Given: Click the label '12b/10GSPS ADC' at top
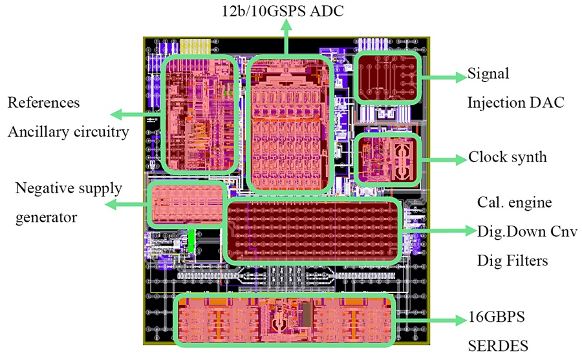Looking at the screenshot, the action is (x=283, y=11).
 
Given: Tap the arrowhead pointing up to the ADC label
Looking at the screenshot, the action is (x=286, y=25).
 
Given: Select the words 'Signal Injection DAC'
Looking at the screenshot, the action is (x=515, y=88).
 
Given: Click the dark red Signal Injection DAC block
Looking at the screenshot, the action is (x=387, y=78).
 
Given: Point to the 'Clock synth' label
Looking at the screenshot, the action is (x=508, y=157).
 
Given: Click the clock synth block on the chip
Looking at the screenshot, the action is (x=388, y=160).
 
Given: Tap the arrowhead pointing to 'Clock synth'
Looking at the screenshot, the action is (x=461, y=159).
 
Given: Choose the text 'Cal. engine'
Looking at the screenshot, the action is (x=515, y=203).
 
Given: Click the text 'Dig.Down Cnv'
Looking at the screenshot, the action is (x=527, y=231).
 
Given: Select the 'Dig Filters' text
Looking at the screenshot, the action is (x=512, y=260).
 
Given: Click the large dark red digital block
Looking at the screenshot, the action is (x=313, y=231).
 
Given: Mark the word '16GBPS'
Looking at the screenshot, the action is (x=497, y=317).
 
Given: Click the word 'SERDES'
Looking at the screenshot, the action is (x=498, y=346).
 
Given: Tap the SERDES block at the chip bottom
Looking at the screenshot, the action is (x=284, y=320).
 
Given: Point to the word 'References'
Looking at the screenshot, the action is (x=43, y=103).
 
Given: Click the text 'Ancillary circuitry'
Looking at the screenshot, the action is (x=69, y=132).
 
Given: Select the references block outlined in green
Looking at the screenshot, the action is (x=200, y=114).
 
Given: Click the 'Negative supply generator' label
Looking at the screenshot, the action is (x=69, y=203).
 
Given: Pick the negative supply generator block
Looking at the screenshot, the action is (x=187, y=204).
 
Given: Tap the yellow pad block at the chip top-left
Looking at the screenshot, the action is (x=195, y=47).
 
